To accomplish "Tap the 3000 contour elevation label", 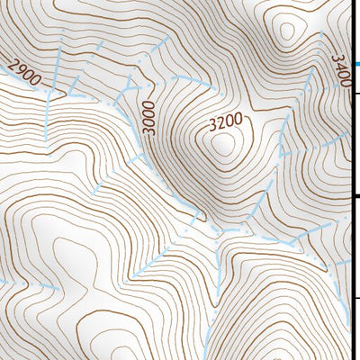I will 148,117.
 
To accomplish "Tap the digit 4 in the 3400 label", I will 339,66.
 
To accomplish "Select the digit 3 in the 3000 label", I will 148,130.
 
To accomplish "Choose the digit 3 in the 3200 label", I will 213,121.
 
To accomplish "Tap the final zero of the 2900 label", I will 36,80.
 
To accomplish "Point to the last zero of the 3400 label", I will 343,83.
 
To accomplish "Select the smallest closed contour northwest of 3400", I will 288,32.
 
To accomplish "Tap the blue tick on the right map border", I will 355,64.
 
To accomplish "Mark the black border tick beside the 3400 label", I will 355,93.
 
